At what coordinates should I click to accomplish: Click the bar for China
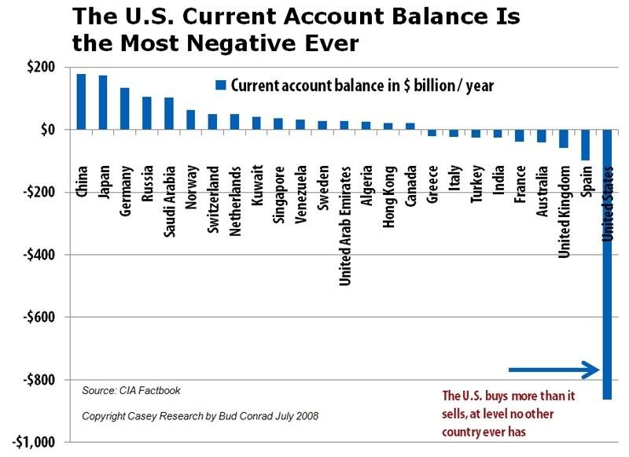pos(81,101)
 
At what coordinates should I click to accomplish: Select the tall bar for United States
pos(607,267)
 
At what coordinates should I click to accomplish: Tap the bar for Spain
pos(585,145)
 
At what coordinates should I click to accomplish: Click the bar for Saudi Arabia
pos(168,113)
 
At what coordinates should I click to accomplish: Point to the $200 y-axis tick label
pos(39,67)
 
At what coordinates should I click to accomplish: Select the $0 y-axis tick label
pos(46,129)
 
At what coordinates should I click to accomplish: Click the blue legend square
pos(221,85)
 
